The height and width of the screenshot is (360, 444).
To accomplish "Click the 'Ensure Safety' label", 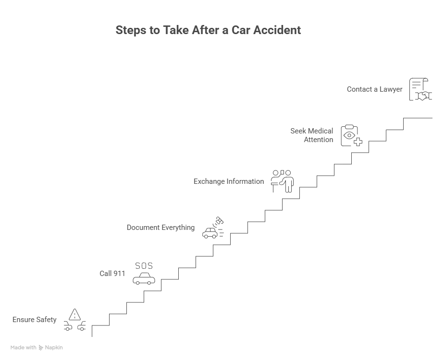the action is click(x=35, y=320).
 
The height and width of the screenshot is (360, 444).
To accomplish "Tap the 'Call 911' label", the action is click(x=112, y=274).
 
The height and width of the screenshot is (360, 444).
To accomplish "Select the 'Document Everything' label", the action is click(x=160, y=228).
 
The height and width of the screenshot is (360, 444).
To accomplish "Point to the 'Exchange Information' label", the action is click(x=229, y=181).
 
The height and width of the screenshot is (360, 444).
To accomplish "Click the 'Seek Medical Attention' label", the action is click(x=312, y=135).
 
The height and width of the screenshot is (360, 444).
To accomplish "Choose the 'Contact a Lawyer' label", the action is click(x=375, y=89).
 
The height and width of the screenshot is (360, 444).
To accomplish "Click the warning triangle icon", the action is click(x=74, y=315).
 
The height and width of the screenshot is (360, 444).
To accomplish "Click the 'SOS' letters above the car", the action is click(x=144, y=266).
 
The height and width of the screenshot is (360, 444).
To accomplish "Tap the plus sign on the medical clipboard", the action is click(x=358, y=142).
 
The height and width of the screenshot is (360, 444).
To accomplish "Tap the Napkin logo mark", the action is click(x=41, y=348).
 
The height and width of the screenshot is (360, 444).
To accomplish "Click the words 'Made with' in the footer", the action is click(x=24, y=348).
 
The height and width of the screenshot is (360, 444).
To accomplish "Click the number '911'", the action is click(x=119, y=274).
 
